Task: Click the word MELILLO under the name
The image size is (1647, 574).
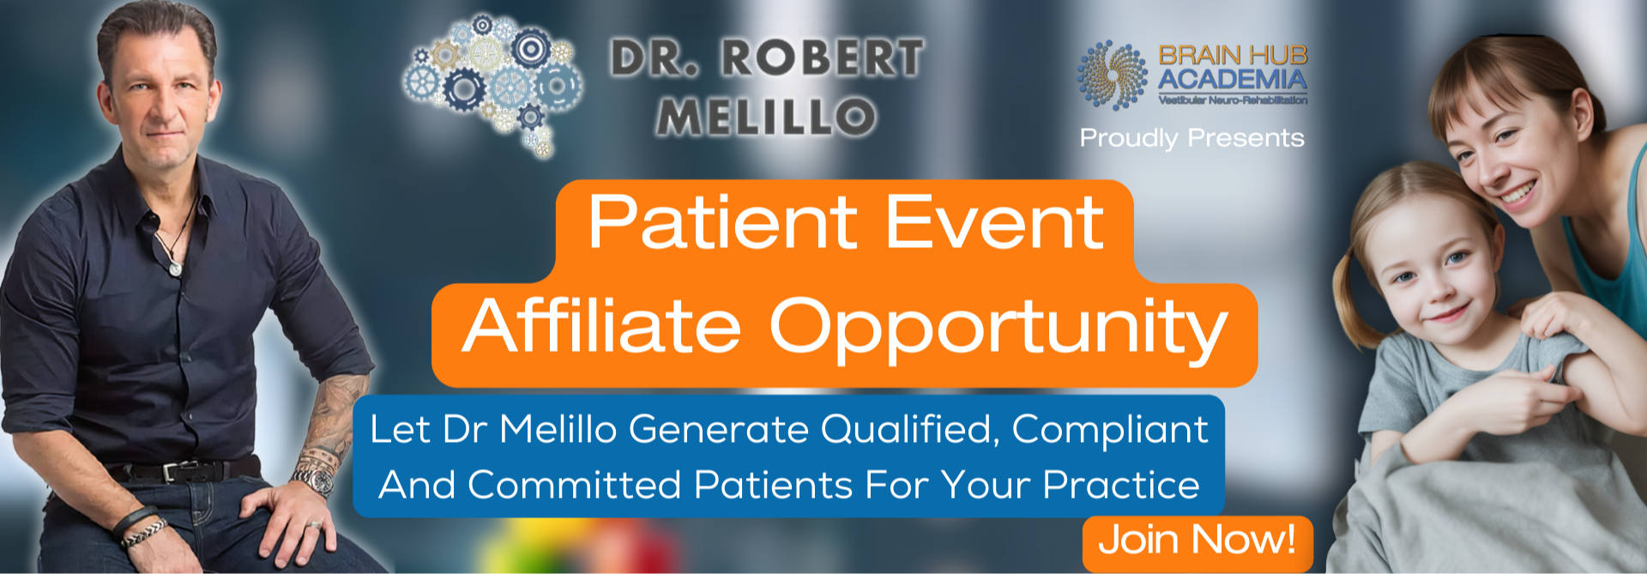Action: pos(766,117)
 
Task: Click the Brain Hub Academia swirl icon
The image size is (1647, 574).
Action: pos(1113,76)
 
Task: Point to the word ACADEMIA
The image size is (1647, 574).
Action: pos(1233,80)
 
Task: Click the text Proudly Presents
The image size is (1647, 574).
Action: pos(1192,138)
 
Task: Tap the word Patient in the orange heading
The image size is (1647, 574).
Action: pos(723,222)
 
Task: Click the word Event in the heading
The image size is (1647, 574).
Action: pos(994,222)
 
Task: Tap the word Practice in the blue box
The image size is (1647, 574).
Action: pos(1120,485)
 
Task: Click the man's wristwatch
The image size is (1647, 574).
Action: pos(315,480)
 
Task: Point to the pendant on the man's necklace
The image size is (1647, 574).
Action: pos(175,268)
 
